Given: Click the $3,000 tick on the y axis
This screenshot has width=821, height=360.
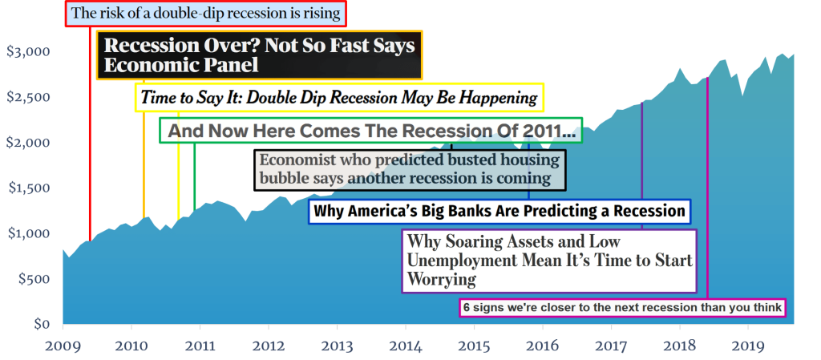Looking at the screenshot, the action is tap(27, 52).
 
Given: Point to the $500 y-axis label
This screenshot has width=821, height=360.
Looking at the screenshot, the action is tap(33, 279).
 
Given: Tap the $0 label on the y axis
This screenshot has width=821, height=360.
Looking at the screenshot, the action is tap(41, 325).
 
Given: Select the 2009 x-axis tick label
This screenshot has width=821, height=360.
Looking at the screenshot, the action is tap(63, 346).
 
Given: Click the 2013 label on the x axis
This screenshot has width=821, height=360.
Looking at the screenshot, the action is tap(338, 346).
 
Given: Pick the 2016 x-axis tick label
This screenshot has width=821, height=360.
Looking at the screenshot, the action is tap(543, 346).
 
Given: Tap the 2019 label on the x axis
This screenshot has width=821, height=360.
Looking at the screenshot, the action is tap(748, 346).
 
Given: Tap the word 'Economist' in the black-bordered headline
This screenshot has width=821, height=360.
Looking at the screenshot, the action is tap(294, 160).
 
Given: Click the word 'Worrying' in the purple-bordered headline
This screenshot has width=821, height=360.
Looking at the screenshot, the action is tap(442, 279).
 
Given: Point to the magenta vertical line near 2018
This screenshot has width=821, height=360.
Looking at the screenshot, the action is tap(707, 189).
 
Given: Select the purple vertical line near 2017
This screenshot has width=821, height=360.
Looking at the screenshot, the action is tap(641, 166).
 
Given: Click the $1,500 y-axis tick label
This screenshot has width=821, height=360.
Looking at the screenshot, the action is tap(28, 188).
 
